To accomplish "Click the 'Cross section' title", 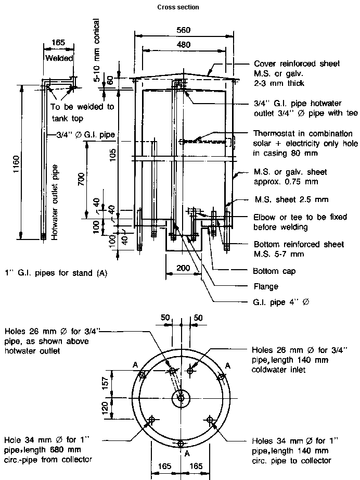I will tap(178, 7).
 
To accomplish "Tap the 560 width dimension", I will tap(183, 30).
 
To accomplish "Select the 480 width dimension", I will tap(183, 45).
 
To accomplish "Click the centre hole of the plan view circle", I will tap(181, 398).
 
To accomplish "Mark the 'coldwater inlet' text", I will tap(278, 370).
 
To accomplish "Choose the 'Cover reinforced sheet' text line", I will tap(296, 64).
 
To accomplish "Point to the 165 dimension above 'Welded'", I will tap(59, 43).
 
